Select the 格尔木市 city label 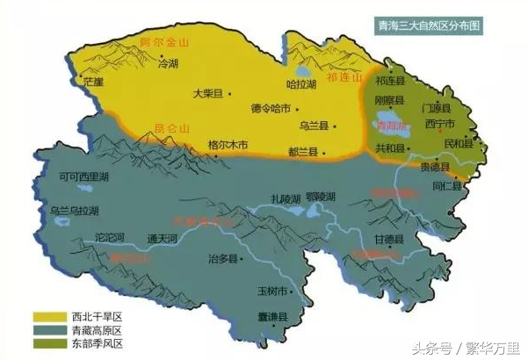pos(228,144)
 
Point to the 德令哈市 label pos(269,109)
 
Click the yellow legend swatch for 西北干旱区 pos(48,314)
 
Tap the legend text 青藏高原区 pos(95,329)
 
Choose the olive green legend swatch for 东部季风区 pos(48,343)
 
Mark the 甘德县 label pos(388,238)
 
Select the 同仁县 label pos(447,187)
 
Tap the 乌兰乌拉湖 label pos(75,211)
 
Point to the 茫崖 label pos(93,81)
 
